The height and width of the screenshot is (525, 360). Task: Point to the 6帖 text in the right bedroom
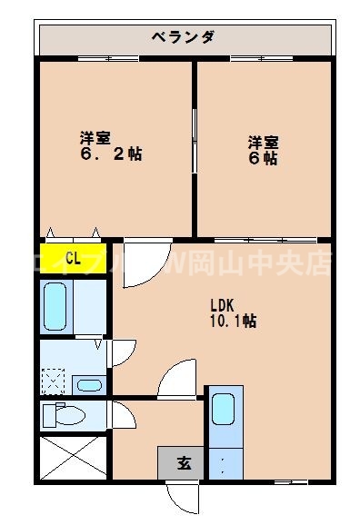click(265, 157)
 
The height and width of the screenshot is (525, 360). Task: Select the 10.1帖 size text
click(234, 321)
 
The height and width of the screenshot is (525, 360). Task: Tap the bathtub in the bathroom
click(56, 305)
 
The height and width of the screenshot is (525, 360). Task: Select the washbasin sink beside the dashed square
click(88, 384)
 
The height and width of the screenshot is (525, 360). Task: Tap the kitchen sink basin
click(225, 409)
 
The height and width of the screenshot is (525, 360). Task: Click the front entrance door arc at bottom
click(182, 495)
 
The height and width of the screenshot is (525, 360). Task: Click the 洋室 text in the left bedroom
click(95, 137)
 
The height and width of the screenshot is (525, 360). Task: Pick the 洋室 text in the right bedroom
click(265, 142)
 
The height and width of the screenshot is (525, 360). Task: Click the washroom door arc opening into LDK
click(122, 354)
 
